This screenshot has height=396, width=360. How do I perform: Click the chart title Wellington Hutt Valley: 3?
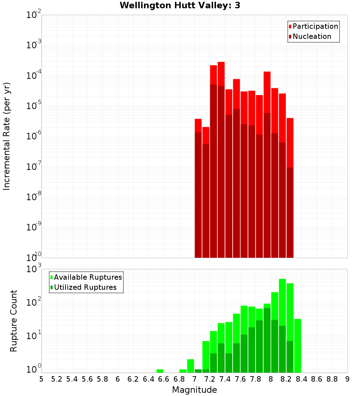pyautogui.click(x=180, y=5)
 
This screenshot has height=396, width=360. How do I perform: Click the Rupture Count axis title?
pyautogui.click(x=14, y=320)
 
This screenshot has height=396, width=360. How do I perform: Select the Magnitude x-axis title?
pyautogui.click(x=194, y=390)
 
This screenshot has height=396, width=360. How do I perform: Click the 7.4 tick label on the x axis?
pyautogui.click(x=225, y=379)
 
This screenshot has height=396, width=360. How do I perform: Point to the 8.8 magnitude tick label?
pyautogui.click(x=332, y=379)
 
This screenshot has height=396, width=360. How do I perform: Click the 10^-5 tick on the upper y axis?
pyautogui.click(x=34, y=106)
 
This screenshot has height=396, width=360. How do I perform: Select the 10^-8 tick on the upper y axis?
pyautogui.click(x=34, y=197)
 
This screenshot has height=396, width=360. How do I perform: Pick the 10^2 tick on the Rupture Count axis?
pyautogui.click(x=34, y=302)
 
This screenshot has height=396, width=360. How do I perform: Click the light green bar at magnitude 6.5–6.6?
pyautogui.click(x=160, y=371)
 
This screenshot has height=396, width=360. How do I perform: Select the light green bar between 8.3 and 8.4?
pyautogui.click(x=298, y=346)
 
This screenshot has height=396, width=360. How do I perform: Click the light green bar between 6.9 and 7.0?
pyautogui.click(x=190, y=366)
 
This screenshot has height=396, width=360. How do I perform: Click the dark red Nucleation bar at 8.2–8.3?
pyautogui.click(x=290, y=212)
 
